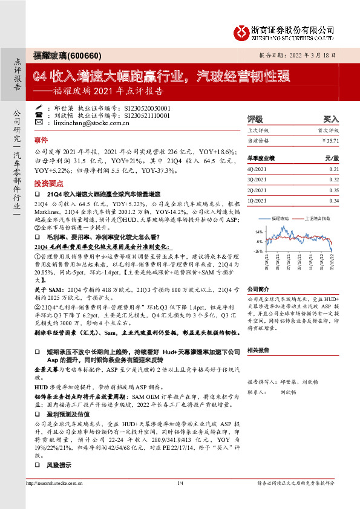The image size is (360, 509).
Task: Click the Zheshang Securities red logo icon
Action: (x=243, y=31)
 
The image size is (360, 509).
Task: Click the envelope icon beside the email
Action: (x=39, y=123)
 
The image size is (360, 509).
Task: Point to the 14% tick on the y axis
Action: (x=258, y=232)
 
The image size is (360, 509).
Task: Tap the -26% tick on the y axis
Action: (x=257, y=250)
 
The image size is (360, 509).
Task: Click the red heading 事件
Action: (x=41, y=139)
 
